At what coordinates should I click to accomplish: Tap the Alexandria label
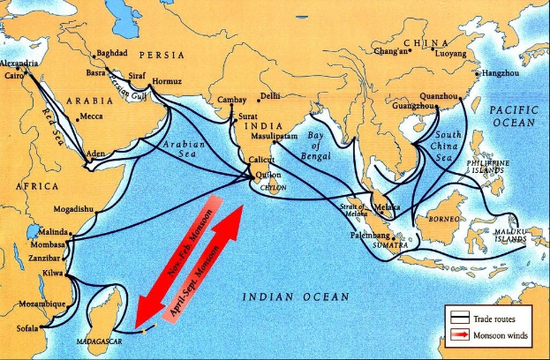tap(19, 64)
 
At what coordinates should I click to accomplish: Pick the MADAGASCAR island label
tap(100, 336)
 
